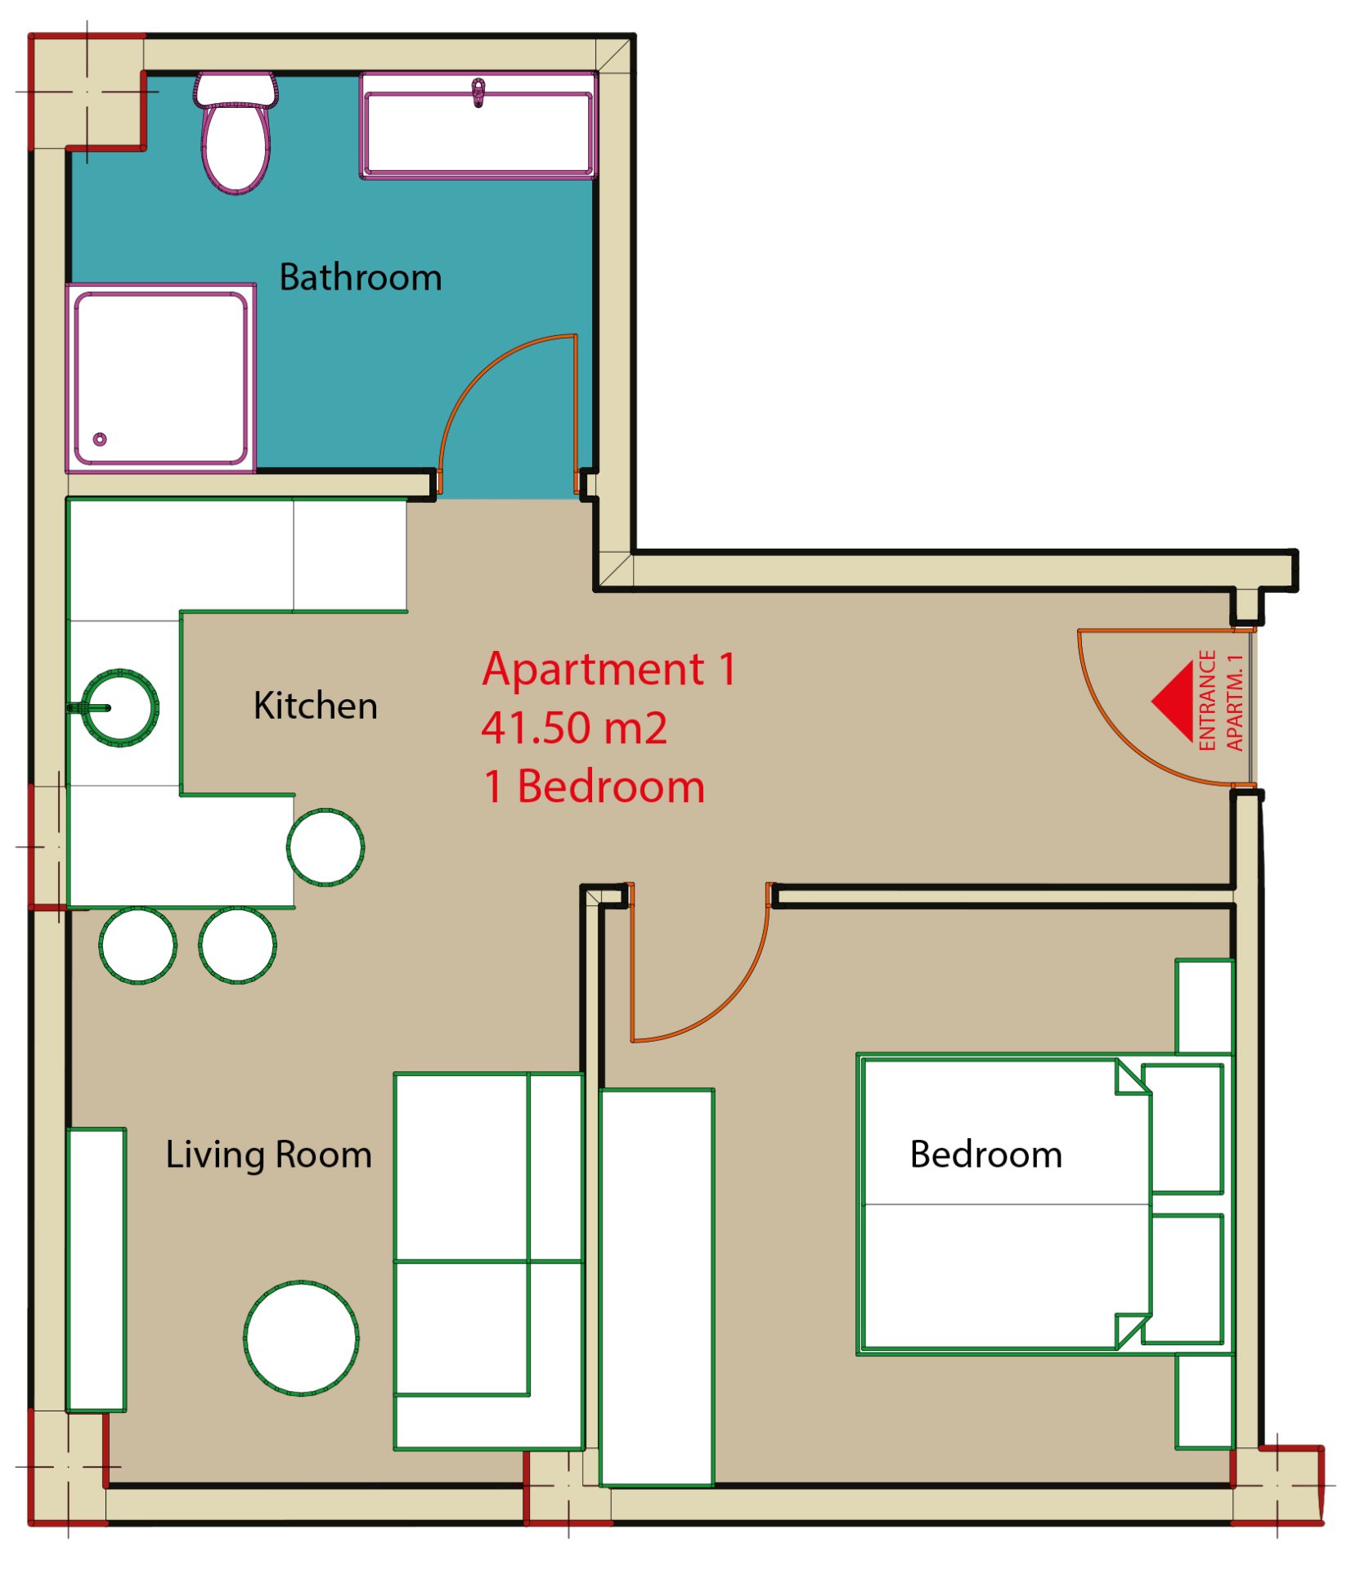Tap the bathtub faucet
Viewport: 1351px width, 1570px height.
click(478, 92)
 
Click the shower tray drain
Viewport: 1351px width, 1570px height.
click(100, 440)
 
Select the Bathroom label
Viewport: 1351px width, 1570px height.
click(361, 278)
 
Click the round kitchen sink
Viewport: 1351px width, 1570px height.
click(120, 708)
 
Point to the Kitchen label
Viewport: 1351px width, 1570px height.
click(316, 706)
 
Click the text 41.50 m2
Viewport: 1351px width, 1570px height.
click(574, 728)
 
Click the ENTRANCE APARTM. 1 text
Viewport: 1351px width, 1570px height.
click(1220, 701)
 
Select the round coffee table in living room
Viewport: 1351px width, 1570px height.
click(301, 1339)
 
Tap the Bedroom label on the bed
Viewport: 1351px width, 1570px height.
click(986, 1155)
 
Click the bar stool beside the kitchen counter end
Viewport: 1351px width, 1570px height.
click(325, 847)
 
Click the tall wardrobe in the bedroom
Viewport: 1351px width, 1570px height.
click(657, 1287)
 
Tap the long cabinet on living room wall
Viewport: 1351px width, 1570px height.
click(96, 1270)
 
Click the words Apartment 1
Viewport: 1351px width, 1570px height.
click(609, 670)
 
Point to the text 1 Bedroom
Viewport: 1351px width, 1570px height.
click(594, 787)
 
